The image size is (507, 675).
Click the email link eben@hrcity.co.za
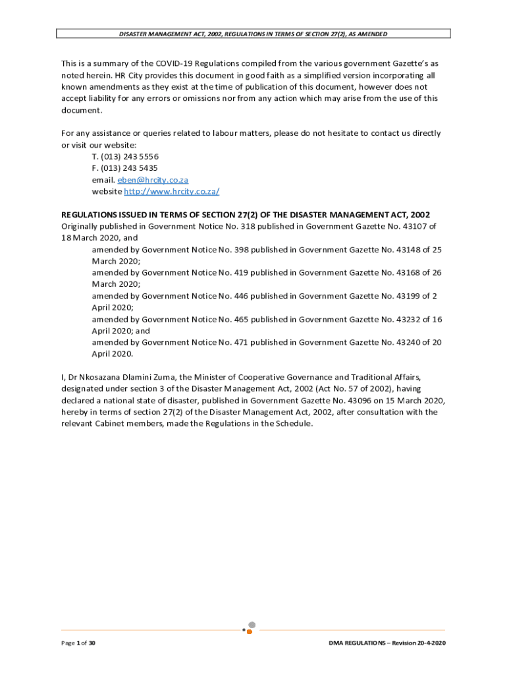[x=153, y=180]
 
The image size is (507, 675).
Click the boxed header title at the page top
[x=253, y=34]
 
